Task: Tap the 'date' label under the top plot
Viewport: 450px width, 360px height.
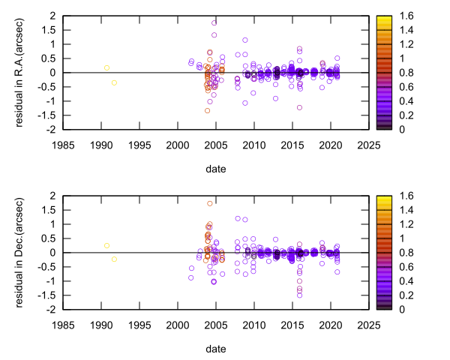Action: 215,169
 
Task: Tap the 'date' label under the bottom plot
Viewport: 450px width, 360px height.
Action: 215,349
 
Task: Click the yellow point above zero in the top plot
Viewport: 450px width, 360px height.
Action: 106,68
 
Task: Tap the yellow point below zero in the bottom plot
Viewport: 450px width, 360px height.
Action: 114,259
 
